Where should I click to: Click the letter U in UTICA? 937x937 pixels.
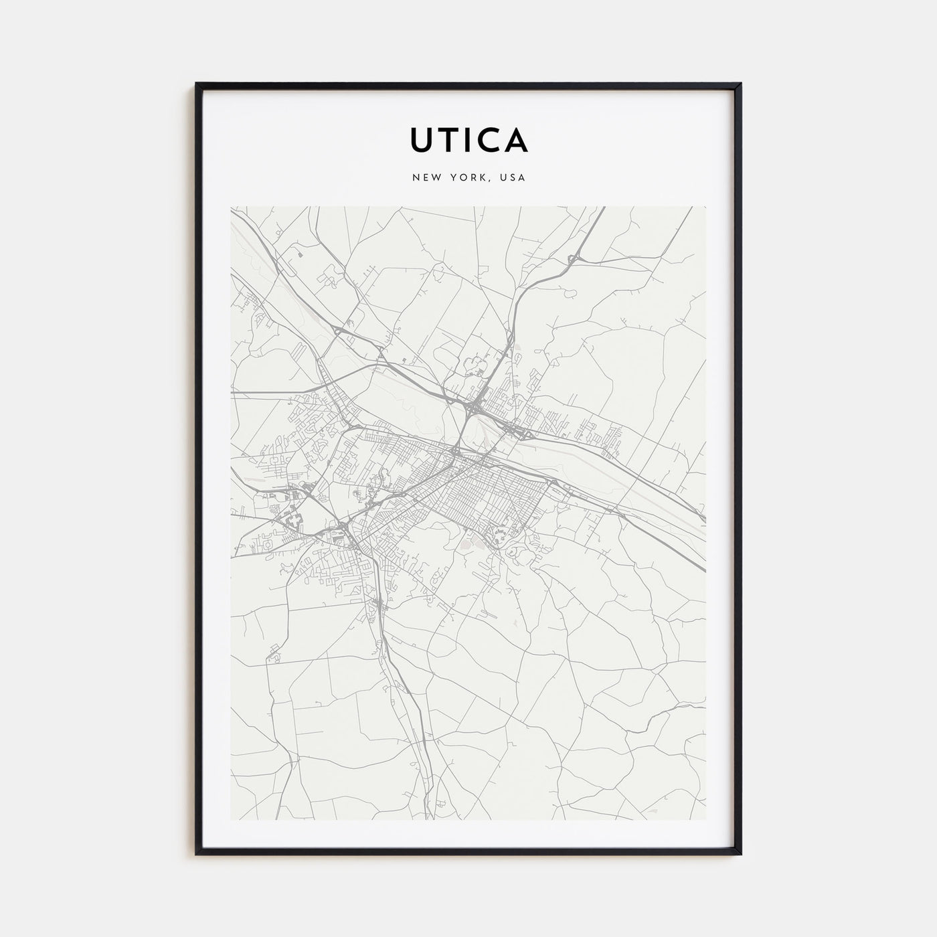coord(423,139)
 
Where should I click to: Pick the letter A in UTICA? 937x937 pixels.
coord(517,139)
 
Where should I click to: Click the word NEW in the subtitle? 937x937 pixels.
coord(424,178)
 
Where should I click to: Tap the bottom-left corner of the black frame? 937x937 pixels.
coord(197,854)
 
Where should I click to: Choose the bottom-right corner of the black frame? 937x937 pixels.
coord(740,854)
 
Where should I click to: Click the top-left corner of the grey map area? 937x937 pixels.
coord(231,207)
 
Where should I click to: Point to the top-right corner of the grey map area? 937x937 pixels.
coord(705,207)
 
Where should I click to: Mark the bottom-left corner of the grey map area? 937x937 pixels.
coord(231,819)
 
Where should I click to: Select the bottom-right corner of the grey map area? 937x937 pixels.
coord(705,819)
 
